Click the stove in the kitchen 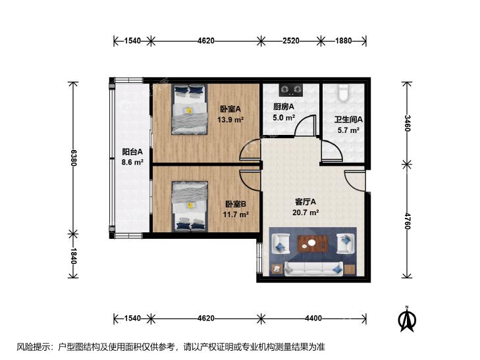(x=291, y=90)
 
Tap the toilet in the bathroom (x=344, y=93)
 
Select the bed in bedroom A (x=190, y=109)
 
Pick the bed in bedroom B (x=190, y=206)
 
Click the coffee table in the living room (x=313, y=244)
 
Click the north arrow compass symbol (x=407, y=319)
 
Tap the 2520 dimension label (x=291, y=41)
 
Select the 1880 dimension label (x=344, y=41)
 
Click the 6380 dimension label (x=73, y=158)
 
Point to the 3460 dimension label (x=406, y=122)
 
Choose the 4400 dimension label (x=313, y=319)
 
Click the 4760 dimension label (x=406, y=221)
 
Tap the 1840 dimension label (x=73, y=256)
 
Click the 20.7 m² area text (x=306, y=213)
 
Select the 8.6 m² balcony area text (x=132, y=162)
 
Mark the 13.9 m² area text (x=230, y=120)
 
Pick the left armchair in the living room (x=280, y=244)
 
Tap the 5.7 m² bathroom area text (x=348, y=130)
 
